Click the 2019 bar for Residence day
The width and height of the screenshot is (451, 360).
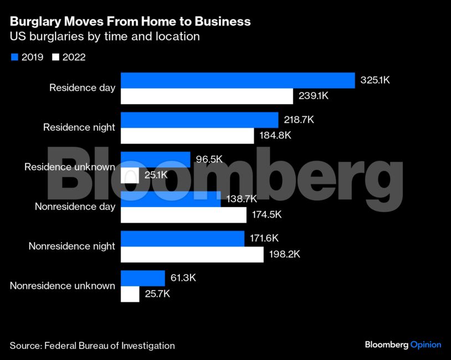(x=238, y=80)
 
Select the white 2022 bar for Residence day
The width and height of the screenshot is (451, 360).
(x=207, y=96)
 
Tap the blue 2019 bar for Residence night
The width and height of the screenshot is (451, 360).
(x=199, y=120)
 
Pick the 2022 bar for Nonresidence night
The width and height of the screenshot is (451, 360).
(x=192, y=255)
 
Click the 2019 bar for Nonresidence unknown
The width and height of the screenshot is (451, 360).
(x=143, y=278)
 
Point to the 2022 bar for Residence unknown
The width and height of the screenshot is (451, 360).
(x=130, y=176)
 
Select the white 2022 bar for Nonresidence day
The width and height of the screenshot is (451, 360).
(x=183, y=215)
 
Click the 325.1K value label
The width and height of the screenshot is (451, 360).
(x=376, y=80)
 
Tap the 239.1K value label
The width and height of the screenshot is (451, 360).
(x=314, y=96)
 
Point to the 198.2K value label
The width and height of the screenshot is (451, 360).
(x=284, y=255)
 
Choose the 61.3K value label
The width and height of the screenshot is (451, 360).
(x=183, y=278)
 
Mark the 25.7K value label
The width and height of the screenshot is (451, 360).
(x=157, y=294)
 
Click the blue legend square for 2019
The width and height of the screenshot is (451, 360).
(x=14, y=57)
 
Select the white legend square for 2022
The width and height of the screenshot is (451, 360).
(x=55, y=57)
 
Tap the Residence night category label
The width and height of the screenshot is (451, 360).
(x=79, y=127)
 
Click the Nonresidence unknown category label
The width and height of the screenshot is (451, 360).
(x=63, y=286)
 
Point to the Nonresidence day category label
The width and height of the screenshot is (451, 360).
(x=75, y=207)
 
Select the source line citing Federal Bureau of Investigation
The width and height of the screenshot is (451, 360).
(x=92, y=346)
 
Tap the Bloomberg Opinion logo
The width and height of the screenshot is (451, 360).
(x=403, y=344)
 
